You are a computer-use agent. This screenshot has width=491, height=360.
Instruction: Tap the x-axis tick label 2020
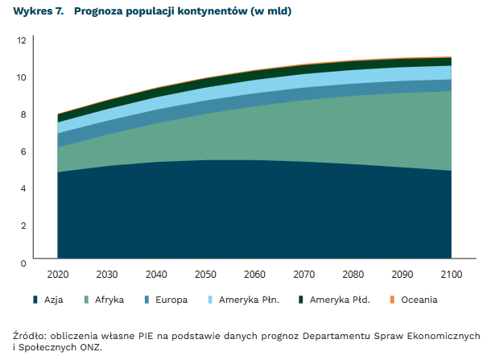[58, 275]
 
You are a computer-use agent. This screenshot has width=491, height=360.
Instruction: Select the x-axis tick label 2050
[205, 275]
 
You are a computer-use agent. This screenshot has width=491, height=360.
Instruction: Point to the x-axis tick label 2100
[451, 275]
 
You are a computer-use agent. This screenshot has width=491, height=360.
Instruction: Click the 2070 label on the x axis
[303, 275]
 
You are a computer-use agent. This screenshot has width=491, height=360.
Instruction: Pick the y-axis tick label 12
[21, 40]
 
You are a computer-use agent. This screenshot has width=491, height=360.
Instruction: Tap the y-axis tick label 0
[23, 263]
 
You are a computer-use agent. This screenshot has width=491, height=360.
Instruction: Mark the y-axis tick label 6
[23, 151]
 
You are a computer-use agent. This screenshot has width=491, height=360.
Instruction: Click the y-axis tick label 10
[21, 77]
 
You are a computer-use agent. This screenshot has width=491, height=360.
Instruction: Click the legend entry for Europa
[171, 300]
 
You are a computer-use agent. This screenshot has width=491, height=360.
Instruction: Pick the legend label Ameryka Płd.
[338, 300]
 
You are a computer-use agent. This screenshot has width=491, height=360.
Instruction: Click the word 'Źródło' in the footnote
[30, 335]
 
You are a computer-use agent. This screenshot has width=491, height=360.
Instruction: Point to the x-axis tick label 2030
[107, 275]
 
